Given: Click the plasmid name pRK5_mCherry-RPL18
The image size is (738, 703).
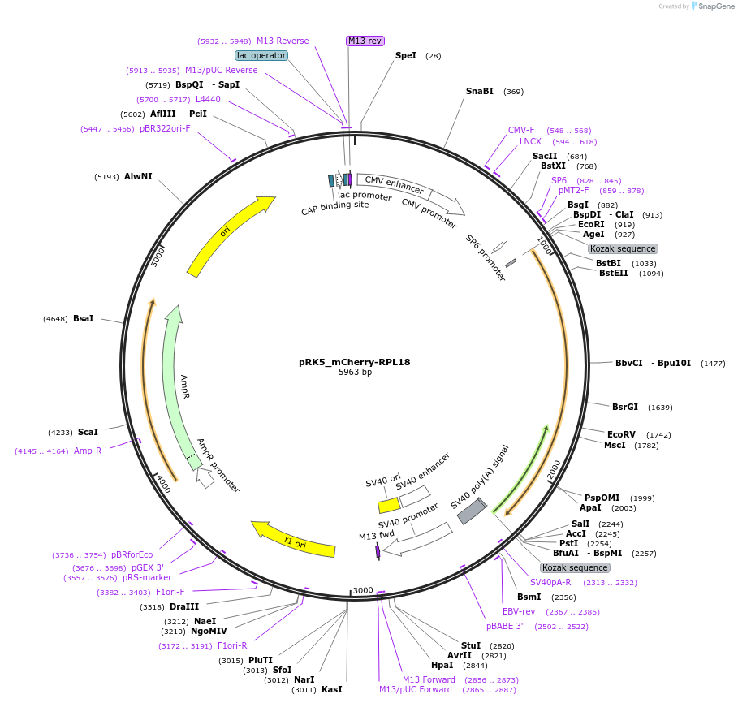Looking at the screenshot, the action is [354, 362].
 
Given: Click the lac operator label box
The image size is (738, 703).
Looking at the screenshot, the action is [261, 55].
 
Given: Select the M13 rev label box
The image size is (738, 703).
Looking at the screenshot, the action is [365, 41].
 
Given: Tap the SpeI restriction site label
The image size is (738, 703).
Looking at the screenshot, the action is [406, 55].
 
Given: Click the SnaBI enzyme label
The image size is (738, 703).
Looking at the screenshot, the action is [479, 91].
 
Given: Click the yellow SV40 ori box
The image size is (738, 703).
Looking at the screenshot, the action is [389, 505].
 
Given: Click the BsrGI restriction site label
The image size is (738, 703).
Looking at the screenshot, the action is [625, 407].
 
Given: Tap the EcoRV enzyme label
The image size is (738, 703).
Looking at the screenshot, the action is [621, 434].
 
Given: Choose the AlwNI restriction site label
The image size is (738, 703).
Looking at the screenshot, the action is [138, 176].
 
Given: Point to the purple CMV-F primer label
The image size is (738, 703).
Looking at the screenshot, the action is [521, 130].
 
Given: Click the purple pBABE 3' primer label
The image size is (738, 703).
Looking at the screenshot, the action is [504, 626].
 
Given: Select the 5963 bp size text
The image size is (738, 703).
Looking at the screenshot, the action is [355, 373].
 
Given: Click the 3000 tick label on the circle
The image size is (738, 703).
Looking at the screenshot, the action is [362, 590].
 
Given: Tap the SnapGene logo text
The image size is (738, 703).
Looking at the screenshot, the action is [711, 6].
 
